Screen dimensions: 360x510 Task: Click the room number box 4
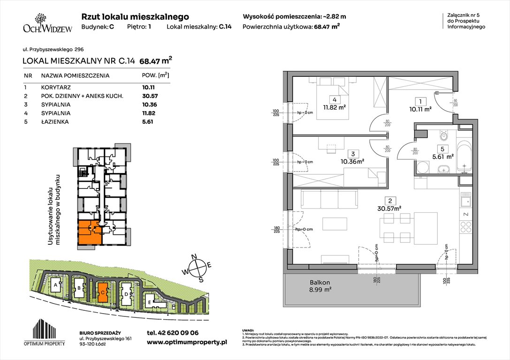point(334,100)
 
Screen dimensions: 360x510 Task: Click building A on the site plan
point(56,285)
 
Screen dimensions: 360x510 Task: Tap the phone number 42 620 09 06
point(173,333)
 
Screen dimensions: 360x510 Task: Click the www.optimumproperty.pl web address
point(187,342)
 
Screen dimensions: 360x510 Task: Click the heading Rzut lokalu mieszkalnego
point(135,16)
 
